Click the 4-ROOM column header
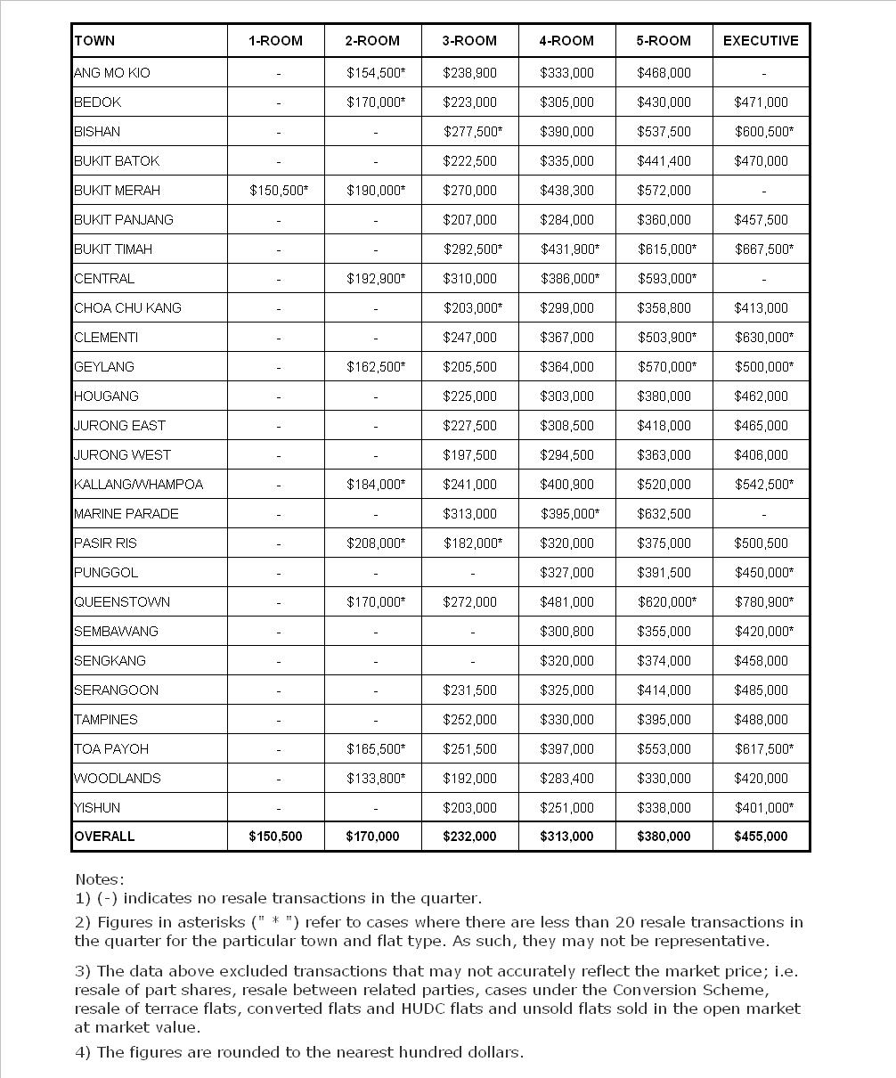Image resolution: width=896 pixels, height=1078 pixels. [x=566, y=41]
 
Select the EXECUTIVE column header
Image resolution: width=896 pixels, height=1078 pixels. [x=761, y=41]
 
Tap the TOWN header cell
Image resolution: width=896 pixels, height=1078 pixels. [x=94, y=41]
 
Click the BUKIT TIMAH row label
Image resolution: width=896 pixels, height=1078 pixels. [x=113, y=249]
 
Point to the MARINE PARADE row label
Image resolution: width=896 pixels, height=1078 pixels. [x=126, y=514]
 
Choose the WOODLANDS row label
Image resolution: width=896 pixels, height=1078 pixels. [x=118, y=779]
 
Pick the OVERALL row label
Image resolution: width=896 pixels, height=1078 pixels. [x=104, y=837]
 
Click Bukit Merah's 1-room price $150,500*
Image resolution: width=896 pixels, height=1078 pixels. [x=279, y=191]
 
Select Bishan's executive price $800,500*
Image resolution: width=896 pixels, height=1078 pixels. [x=764, y=132]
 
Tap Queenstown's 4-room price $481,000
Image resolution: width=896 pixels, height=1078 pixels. [x=566, y=602]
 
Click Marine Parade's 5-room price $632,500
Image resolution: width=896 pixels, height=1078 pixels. [x=664, y=514]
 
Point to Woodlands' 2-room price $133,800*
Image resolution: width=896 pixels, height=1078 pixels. [x=376, y=779]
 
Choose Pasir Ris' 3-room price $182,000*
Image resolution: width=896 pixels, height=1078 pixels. [x=473, y=543]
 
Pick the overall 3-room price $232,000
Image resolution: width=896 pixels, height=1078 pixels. [x=469, y=837]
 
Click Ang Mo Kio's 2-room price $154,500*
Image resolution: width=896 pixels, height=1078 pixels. [x=376, y=73]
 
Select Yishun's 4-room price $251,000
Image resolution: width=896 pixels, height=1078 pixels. [x=566, y=808]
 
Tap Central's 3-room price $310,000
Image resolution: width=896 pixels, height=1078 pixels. [x=469, y=279]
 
